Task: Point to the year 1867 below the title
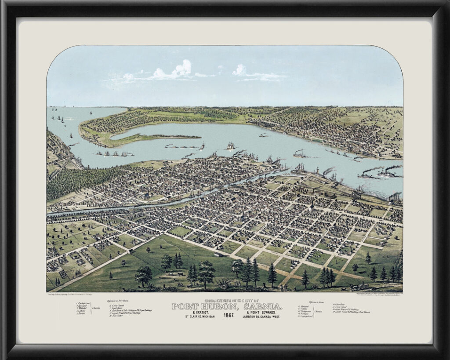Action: pos(228,316)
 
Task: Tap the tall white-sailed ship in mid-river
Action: pos(230,146)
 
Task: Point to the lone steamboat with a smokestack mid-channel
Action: pos(300,154)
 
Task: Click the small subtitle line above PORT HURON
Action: pos(227,301)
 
